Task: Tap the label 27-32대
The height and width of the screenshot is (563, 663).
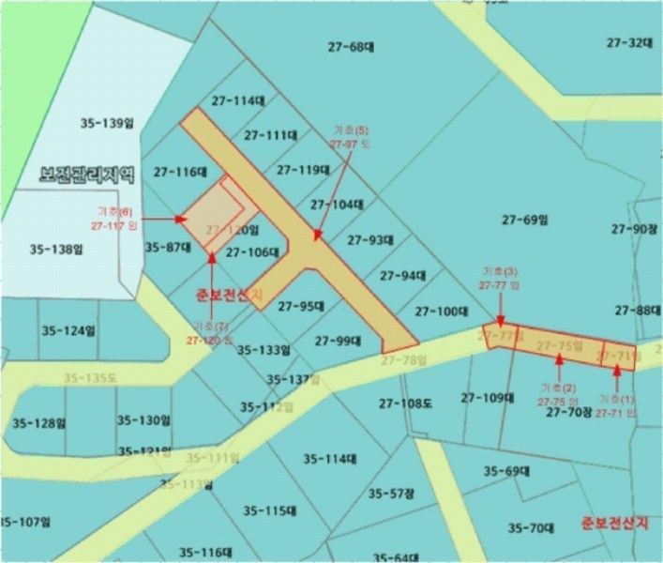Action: [x=629, y=42]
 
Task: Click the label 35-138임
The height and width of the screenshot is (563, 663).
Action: [x=56, y=250]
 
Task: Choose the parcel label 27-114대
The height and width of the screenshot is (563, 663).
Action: [x=238, y=100]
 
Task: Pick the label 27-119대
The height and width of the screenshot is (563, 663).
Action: [x=304, y=170]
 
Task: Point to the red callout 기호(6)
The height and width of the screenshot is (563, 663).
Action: [x=114, y=211]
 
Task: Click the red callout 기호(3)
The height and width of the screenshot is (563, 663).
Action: [x=498, y=270]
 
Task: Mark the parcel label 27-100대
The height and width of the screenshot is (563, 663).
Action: [x=442, y=311]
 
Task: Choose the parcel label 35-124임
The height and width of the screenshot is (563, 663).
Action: [x=68, y=330]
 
